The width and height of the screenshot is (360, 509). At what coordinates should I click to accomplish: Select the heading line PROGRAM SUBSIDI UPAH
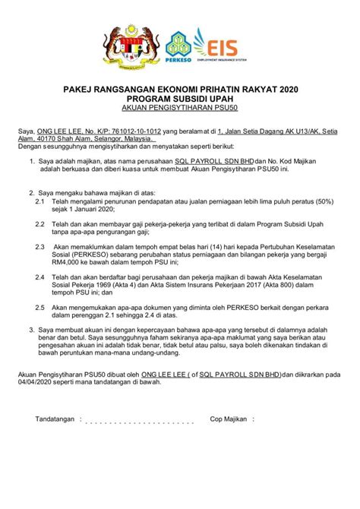180,101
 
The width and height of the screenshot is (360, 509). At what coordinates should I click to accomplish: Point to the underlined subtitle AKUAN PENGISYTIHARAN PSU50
180,111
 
